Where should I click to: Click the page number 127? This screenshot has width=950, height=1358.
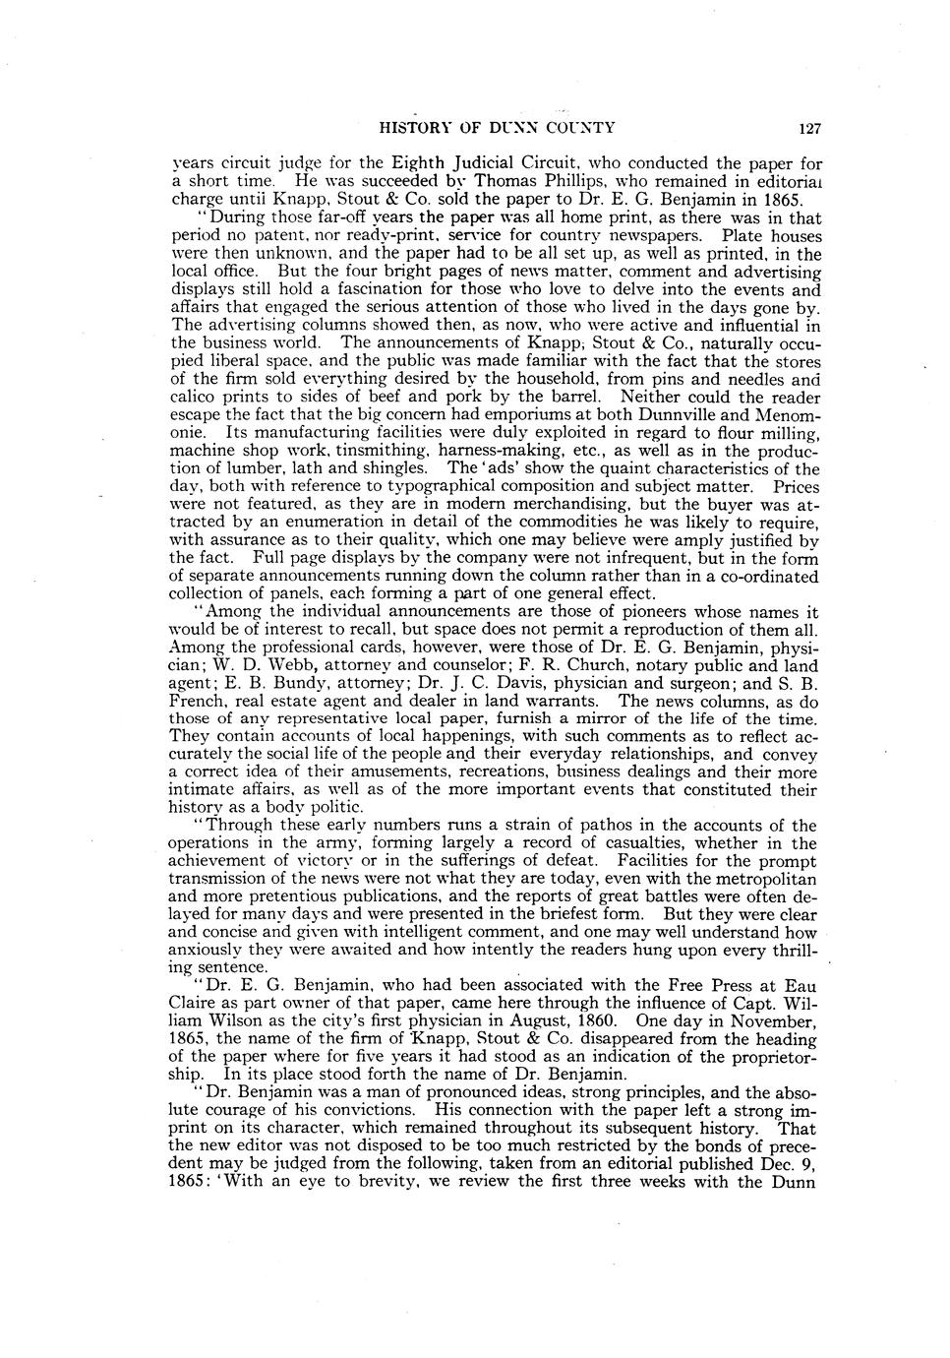click(809, 128)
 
